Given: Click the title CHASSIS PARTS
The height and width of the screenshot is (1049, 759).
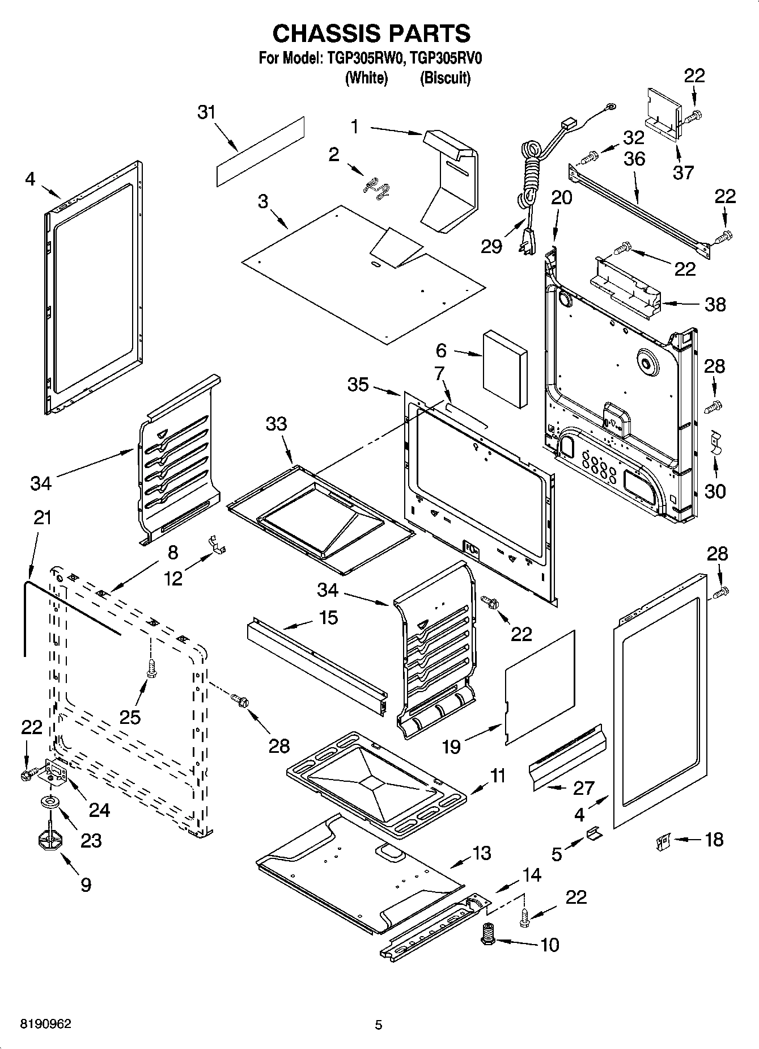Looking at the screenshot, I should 371,33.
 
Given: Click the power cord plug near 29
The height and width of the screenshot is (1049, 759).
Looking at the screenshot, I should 527,243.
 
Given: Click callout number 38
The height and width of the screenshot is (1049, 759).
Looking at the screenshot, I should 715,305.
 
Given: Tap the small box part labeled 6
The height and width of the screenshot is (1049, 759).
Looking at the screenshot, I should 504,369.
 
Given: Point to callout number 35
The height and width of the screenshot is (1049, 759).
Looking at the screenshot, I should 358,385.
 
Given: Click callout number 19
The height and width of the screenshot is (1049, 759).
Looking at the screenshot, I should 451,747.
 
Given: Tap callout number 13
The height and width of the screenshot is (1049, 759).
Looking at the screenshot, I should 482,853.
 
